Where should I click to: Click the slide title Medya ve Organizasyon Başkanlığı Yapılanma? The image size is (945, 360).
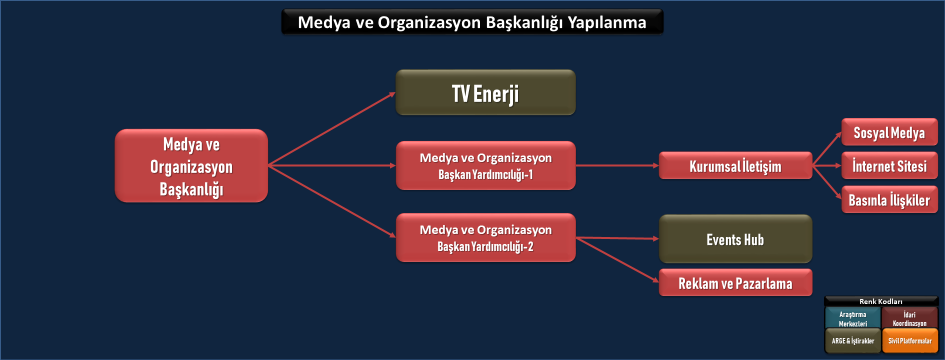point(472,22)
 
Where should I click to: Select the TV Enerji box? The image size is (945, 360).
point(485,92)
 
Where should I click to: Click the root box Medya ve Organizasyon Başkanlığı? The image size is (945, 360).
point(191,165)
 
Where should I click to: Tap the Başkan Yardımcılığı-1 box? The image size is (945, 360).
point(485,165)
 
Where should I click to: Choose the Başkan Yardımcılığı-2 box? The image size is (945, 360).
point(485,237)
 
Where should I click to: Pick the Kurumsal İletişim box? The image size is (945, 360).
point(735,165)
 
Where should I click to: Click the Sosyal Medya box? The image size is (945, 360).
point(889,132)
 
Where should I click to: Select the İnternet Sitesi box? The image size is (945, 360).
point(889,165)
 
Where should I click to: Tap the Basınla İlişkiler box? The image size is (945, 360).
point(889,199)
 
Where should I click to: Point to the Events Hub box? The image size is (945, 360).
point(735,239)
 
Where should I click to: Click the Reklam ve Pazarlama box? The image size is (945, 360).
point(735,282)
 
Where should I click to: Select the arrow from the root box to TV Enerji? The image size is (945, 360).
point(332,128)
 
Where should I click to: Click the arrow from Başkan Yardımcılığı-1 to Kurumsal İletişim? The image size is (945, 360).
point(617,165)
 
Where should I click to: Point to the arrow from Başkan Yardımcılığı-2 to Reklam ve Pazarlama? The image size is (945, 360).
point(617,260)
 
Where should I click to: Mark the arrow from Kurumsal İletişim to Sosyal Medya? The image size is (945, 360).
point(827,148)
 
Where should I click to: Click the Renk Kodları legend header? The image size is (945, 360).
point(881,301)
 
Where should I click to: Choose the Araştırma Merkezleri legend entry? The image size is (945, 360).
point(853,318)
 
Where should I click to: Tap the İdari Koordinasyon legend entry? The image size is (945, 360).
point(909,318)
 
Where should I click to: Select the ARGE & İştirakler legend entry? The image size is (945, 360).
point(853,340)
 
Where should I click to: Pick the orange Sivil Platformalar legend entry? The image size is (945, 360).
point(909,340)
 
